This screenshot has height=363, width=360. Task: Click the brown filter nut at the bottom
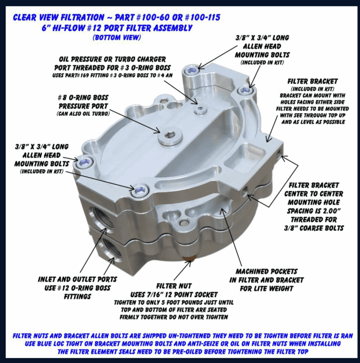click(x=189, y=259)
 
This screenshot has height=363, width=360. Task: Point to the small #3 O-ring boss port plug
click(x=200, y=109)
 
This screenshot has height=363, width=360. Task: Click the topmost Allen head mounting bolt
click(x=192, y=70)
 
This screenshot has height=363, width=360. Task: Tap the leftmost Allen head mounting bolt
click(x=84, y=163)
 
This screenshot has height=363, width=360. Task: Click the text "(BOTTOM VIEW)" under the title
click(x=117, y=37)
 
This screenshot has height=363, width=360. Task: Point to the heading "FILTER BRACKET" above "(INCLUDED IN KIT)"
click(x=313, y=81)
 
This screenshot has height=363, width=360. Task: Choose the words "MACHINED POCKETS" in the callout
click(x=266, y=271)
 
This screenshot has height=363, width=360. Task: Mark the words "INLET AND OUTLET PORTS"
click(x=77, y=279)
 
